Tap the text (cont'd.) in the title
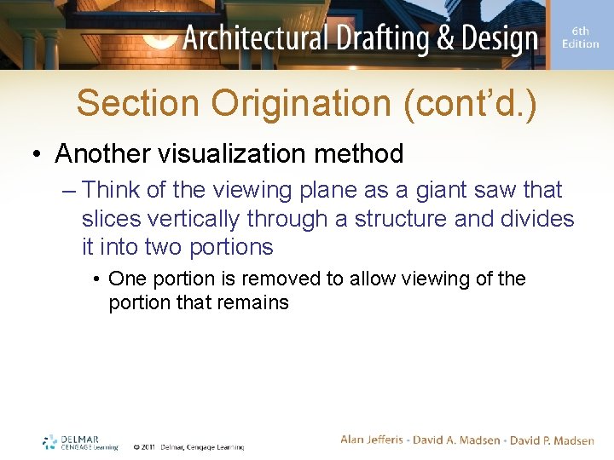(471, 103)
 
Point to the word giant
(421, 189)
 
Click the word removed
(283, 279)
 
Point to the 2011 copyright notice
(188, 446)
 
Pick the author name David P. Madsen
(552, 440)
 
